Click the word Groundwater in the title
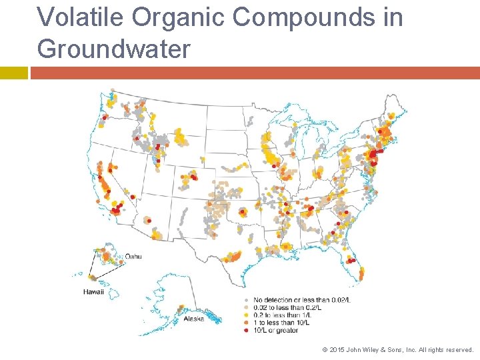tap(114, 48)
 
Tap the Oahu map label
tap(133, 256)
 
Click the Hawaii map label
tap(93, 292)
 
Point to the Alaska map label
tap(193, 319)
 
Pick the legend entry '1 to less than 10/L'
tap(281, 323)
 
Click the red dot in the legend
tap(247, 330)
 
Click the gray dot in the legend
tap(247, 301)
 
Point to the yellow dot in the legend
tap(247, 315)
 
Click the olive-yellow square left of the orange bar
tap(14, 73)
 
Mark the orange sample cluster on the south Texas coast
tap(233, 257)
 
